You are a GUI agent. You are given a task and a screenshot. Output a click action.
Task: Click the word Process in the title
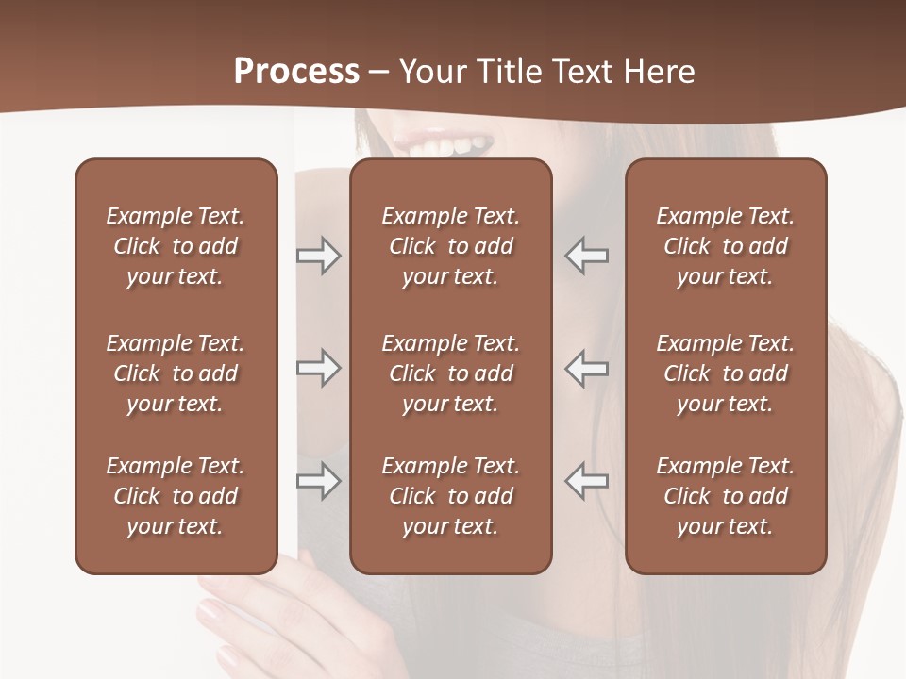click(296, 71)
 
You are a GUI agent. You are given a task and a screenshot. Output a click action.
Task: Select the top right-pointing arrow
click(318, 256)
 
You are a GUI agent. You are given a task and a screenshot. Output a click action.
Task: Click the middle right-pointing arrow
click(318, 368)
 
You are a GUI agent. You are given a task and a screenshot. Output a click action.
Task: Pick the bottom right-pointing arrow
click(318, 481)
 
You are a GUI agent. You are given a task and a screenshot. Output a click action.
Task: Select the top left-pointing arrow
click(587, 256)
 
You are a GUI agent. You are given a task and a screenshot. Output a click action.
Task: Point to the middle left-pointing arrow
click(587, 368)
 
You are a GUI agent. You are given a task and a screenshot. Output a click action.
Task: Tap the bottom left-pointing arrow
click(587, 481)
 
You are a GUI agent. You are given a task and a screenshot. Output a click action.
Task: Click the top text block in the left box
click(176, 246)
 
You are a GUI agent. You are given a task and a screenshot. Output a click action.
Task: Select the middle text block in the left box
click(176, 373)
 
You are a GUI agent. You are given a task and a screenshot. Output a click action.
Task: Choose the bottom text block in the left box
click(176, 496)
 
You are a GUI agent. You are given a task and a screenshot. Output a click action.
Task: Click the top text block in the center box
click(450, 246)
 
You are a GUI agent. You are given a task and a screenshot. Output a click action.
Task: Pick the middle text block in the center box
click(450, 373)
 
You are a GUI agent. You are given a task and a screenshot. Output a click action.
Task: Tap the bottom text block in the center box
click(450, 496)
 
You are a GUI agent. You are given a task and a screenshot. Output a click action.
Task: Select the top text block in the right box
click(725, 246)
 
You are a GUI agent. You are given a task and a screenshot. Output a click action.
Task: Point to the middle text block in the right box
click(725, 373)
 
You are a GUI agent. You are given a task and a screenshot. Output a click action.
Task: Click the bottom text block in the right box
click(725, 496)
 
